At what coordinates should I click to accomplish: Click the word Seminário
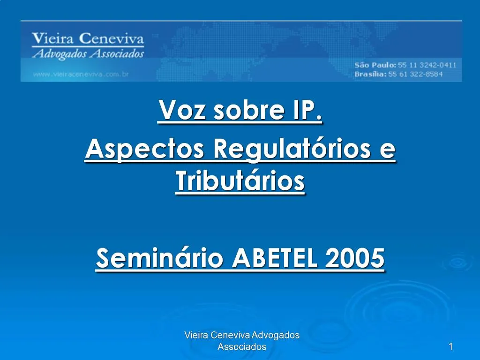159,258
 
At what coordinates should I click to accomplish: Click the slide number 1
450,346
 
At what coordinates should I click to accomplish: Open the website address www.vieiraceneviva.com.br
81,74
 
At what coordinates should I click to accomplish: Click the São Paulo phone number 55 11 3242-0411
427,65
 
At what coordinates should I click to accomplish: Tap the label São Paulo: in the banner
375,65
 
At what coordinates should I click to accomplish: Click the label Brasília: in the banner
370,74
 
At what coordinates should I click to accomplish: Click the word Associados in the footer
242,347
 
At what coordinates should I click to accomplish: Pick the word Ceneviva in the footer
231,335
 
